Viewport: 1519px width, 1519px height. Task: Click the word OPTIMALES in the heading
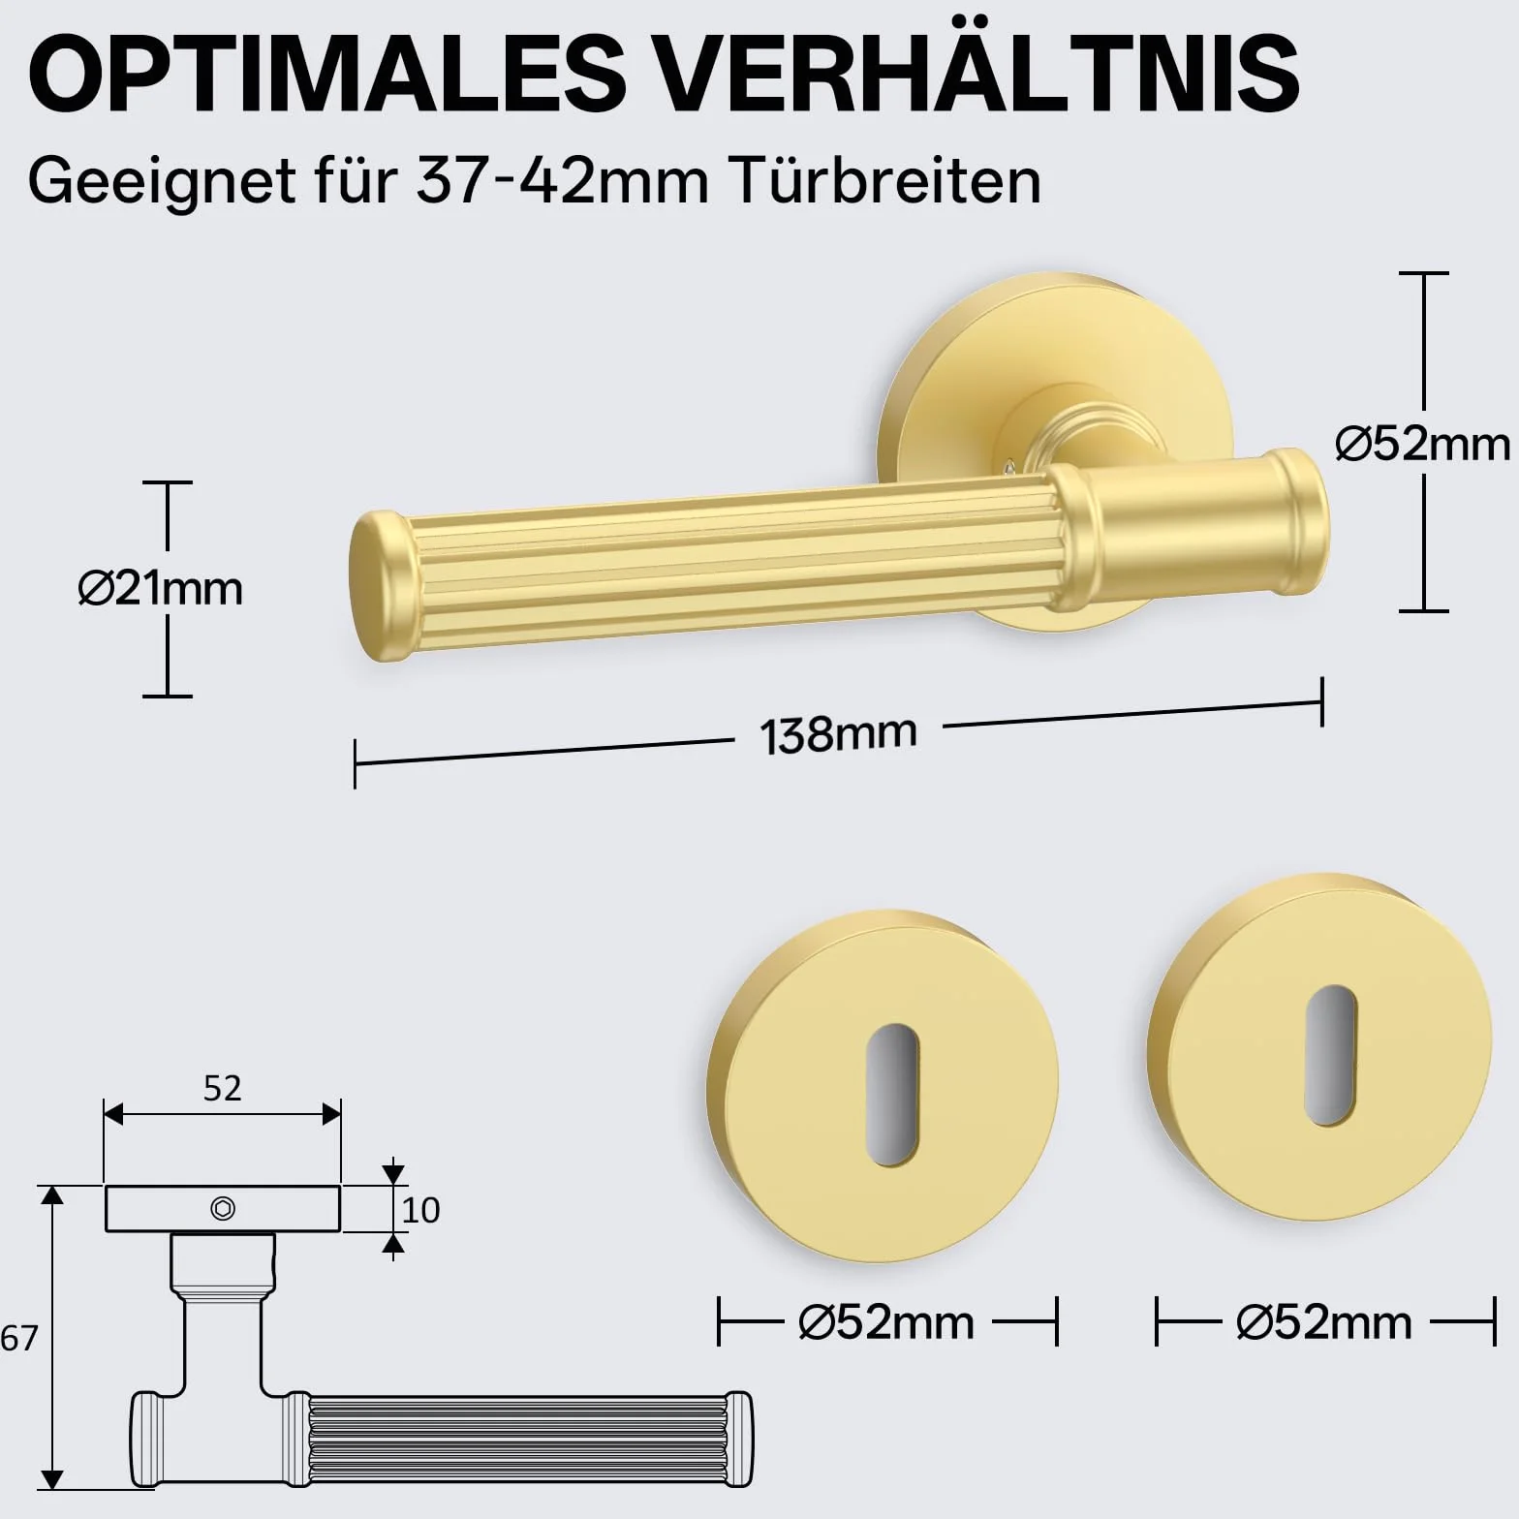327,74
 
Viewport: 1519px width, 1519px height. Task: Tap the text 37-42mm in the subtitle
563,180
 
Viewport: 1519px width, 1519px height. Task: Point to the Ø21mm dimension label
161,588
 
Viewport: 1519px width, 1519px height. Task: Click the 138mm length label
838,734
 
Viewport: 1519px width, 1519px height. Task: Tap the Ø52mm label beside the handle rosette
1422,444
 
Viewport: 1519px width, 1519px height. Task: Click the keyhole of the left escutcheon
891,1095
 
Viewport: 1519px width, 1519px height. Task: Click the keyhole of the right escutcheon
1330,1056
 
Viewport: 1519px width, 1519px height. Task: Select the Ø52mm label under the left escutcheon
886,1322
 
